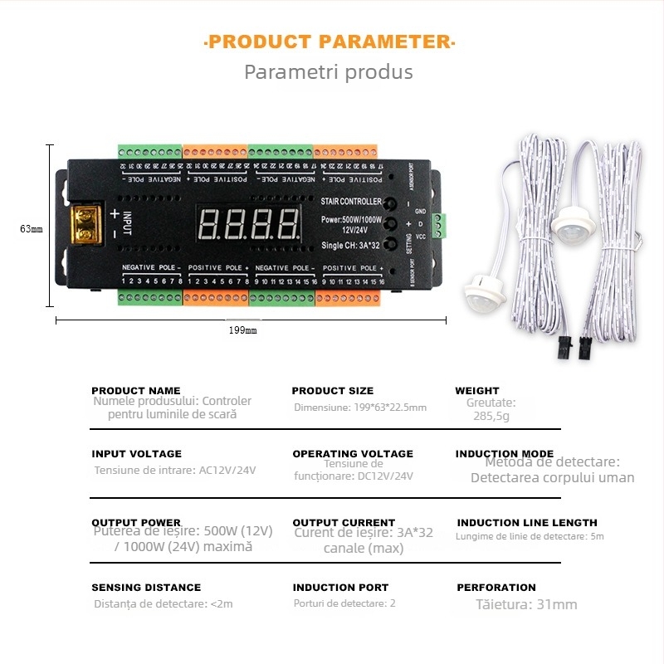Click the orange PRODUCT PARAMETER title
[329, 41]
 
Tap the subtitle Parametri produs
[328, 72]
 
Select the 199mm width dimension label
[242, 330]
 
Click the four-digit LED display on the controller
[248, 223]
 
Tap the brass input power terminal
[83, 224]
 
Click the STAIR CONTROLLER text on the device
[351, 202]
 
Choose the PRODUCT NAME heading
[135, 390]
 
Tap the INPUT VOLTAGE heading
[136, 454]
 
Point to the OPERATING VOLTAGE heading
[352, 454]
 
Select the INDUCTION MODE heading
[504, 454]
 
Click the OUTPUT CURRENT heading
[344, 523]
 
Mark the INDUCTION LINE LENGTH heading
[527, 523]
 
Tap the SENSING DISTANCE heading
[146, 588]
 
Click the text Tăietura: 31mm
[526, 604]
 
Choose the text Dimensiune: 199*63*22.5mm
[359, 408]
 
